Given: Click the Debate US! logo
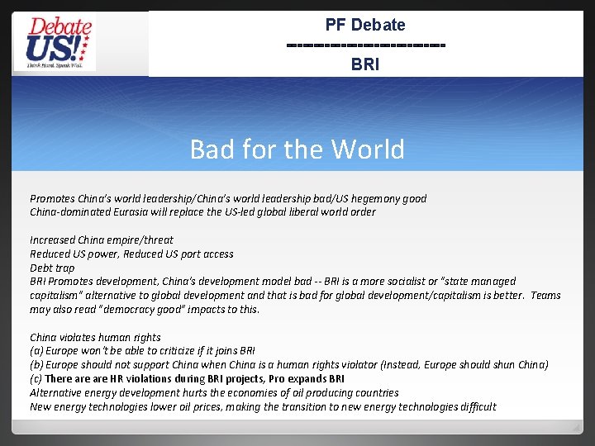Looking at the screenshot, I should coord(59,43).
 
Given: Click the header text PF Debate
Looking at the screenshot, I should coord(365,25).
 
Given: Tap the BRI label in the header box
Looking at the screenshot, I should coord(365,64).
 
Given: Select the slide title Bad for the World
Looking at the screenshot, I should coord(297,149).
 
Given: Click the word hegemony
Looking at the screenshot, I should coord(376,198).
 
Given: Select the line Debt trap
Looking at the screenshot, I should coord(52,268).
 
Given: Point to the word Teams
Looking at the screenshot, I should coord(545,296).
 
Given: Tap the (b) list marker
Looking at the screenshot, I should coord(36,365).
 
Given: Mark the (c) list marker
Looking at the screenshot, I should coord(36,379).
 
